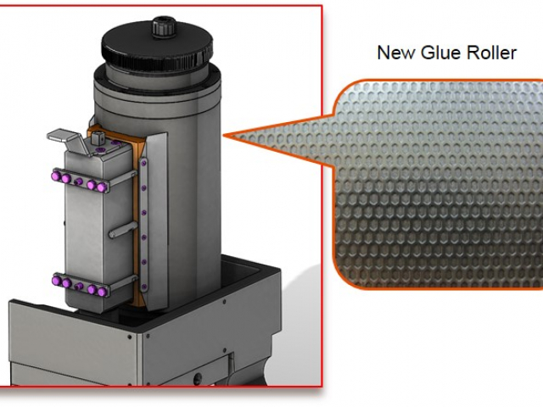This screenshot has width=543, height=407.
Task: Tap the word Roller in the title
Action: point(491,53)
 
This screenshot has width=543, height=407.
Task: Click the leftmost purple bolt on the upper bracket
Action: point(57,176)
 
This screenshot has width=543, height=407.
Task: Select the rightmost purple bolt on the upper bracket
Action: point(102,187)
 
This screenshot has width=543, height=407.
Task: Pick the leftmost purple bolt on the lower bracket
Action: point(57,280)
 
